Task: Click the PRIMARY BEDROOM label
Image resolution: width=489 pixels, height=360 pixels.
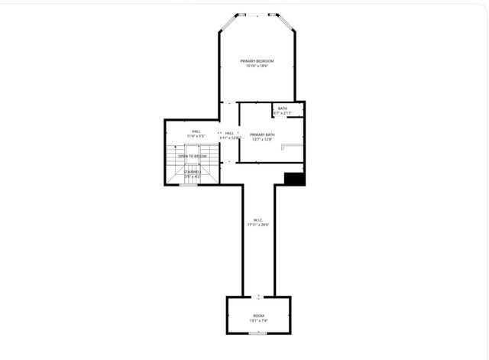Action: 257,60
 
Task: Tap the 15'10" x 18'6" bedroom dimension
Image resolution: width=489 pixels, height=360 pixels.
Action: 257,66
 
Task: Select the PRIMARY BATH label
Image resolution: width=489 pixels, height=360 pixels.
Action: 261,134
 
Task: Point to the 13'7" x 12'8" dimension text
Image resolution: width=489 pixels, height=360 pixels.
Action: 261,140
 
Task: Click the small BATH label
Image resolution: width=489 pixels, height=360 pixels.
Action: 283,109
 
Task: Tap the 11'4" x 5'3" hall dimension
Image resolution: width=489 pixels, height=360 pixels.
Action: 196,136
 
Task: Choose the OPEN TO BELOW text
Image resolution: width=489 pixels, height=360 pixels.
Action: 193,156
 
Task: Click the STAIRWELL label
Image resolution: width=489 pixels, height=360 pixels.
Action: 193,172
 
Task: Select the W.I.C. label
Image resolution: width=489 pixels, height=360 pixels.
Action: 259,219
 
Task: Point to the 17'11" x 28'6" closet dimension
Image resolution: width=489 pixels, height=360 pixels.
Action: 259,225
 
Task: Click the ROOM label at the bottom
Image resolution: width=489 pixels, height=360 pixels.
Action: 258,315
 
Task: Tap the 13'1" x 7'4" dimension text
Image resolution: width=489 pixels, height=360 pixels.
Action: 258,321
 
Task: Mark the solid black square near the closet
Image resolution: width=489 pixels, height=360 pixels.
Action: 294,179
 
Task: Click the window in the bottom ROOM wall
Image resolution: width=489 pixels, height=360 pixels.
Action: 258,334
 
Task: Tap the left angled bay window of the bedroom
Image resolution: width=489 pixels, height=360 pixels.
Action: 228,22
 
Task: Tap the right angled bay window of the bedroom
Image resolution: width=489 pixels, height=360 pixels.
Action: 286,22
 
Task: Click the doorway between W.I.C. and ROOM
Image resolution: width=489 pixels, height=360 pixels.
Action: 258,296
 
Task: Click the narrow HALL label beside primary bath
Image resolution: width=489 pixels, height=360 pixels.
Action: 229,133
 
